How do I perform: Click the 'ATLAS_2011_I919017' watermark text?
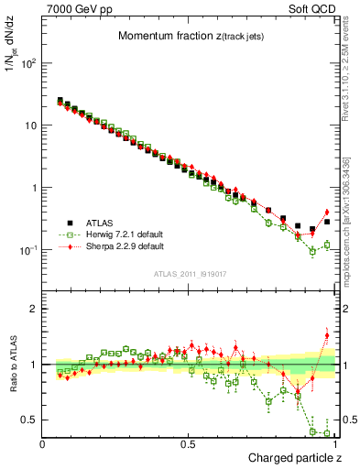click(188, 272)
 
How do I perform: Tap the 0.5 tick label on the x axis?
click(189, 444)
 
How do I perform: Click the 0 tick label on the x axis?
click(44, 444)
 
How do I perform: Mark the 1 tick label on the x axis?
click(334, 444)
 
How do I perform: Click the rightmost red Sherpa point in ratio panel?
click(327, 335)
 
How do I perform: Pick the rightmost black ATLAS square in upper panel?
click(327, 222)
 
